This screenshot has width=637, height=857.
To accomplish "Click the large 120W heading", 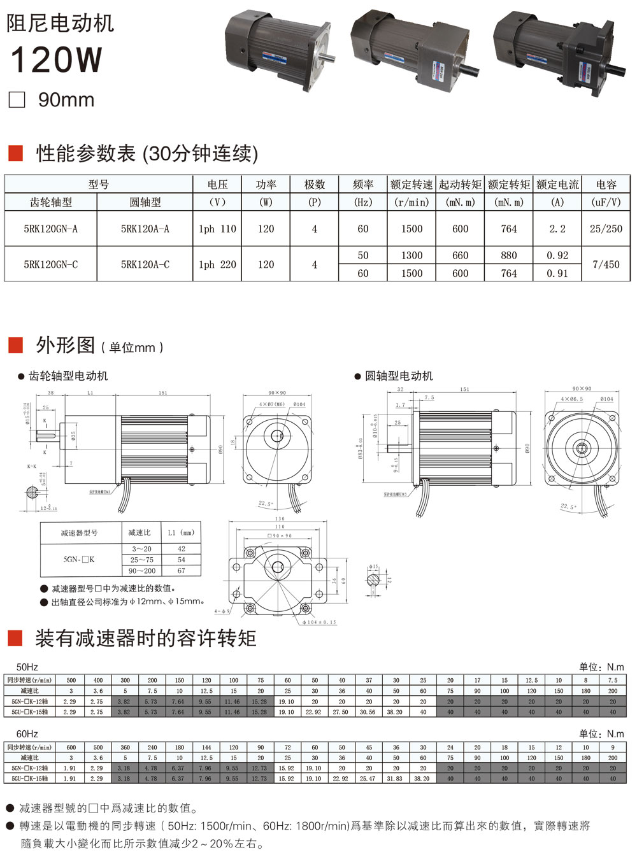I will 57,59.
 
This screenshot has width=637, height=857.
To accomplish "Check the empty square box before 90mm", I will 17,100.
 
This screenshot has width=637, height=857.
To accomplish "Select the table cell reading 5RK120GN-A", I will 50,229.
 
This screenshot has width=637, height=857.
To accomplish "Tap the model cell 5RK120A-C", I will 145,264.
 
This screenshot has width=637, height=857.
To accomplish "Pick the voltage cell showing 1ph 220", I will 217,264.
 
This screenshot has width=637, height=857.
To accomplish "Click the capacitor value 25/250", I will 606,229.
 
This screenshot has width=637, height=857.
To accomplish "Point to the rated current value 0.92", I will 557,255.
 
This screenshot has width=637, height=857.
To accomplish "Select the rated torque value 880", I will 509,255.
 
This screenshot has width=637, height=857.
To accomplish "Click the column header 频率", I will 362,185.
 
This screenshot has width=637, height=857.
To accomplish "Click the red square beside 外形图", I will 15,345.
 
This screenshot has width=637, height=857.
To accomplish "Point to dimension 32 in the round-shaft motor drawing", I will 400,389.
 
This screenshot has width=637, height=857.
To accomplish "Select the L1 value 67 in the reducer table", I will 181,570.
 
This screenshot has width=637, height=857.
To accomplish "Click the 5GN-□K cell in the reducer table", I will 79,559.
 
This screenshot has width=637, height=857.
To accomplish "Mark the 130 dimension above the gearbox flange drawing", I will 280,519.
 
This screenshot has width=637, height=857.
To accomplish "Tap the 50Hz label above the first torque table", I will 27,667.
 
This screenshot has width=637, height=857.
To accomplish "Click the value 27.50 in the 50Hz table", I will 341,712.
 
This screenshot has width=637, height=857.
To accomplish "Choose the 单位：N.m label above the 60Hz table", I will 601,733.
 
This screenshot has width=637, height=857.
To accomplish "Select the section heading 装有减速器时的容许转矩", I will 146,638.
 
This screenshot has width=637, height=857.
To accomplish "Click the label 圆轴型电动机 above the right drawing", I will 399,376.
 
